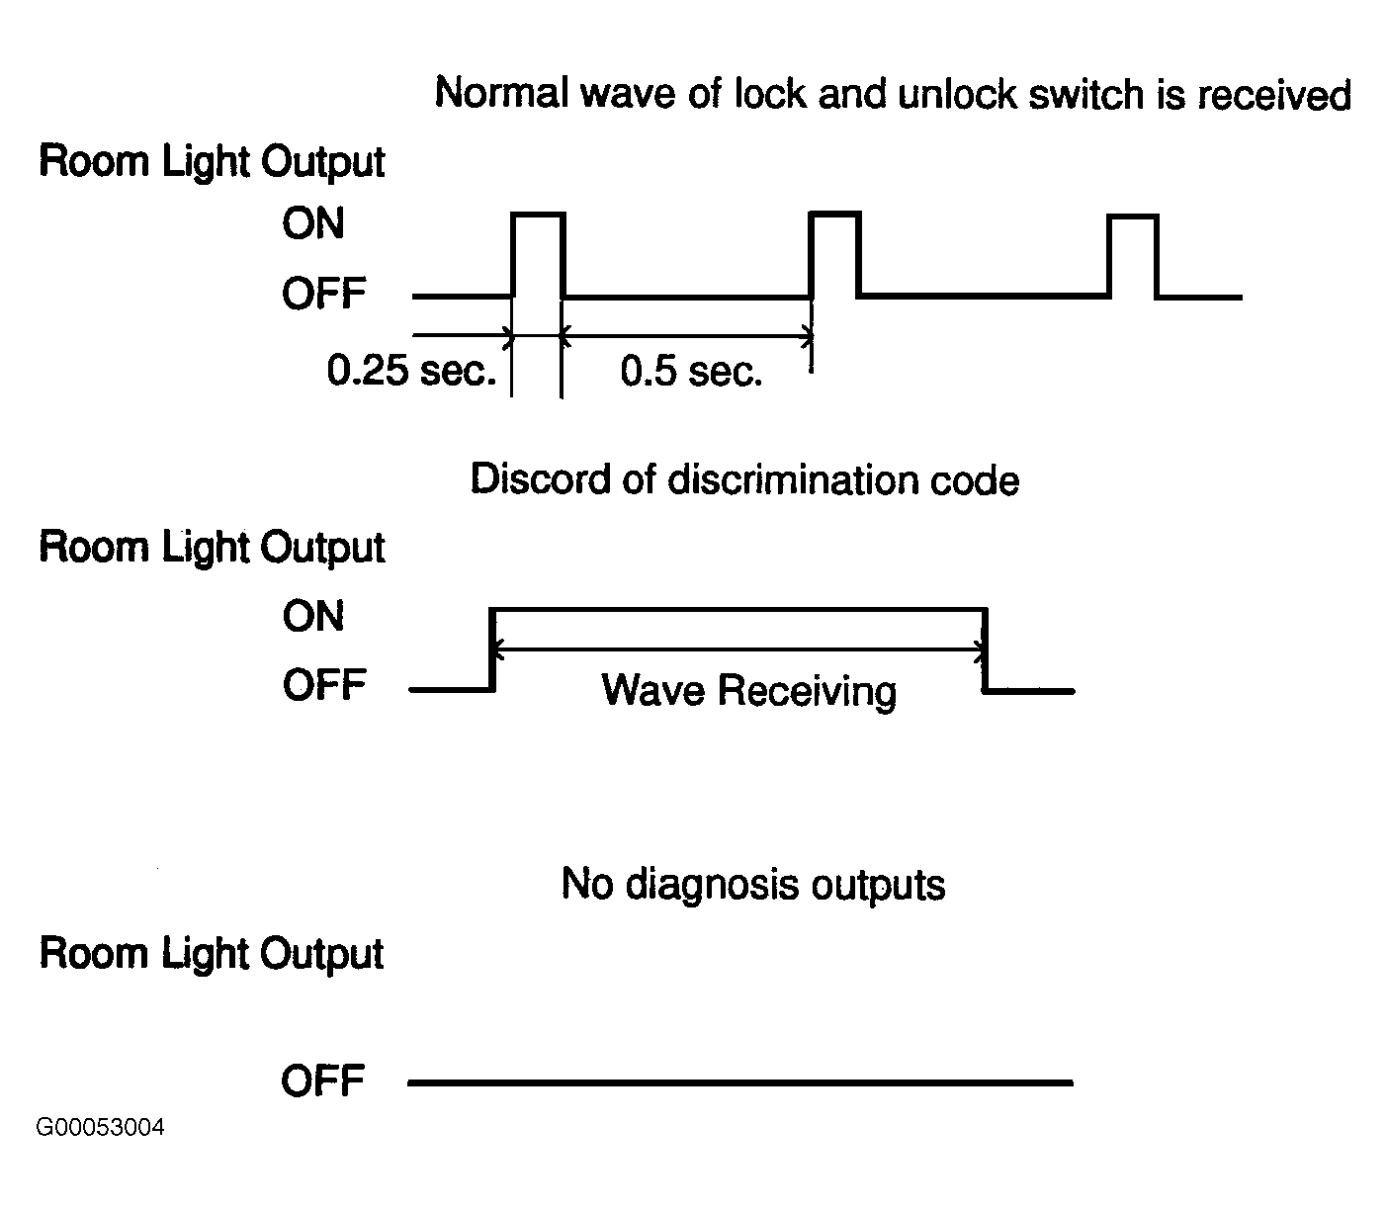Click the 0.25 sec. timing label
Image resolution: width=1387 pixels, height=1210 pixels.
(x=411, y=370)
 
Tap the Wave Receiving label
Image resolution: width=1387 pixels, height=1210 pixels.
(x=748, y=690)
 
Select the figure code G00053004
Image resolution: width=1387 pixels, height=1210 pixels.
(x=100, y=1127)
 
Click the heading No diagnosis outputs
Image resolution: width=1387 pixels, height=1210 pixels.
(x=753, y=885)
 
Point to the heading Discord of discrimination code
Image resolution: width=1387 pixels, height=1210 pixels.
(x=744, y=479)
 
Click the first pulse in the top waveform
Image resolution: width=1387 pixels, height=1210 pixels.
(x=538, y=215)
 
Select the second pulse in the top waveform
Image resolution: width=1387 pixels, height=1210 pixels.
(x=834, y=215)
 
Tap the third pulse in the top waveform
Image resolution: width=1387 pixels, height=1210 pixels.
(x=1133, y=216)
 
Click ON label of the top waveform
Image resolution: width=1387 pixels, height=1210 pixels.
(x=313, y=223)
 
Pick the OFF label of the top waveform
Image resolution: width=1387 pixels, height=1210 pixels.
(x=324, y=294)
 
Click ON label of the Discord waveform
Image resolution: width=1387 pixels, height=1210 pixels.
(x=313, y=616)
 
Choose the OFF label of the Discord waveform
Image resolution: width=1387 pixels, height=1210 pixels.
(x=324, y=685)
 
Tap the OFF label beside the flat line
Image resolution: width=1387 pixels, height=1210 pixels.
(x=322, y=1080)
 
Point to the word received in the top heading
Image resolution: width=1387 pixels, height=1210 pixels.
(x=1273, y=94)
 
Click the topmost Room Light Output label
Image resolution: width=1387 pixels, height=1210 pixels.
(x=212, y=163)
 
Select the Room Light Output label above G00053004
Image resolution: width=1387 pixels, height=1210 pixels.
(x=212, y=954)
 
